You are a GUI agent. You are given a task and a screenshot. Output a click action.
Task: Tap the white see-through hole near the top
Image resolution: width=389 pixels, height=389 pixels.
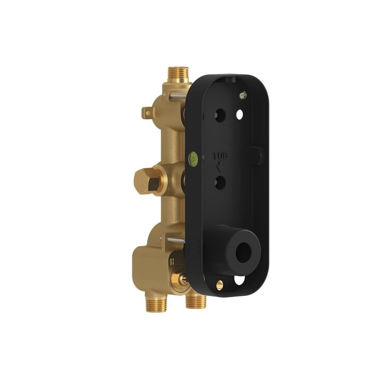[x=240, y=114]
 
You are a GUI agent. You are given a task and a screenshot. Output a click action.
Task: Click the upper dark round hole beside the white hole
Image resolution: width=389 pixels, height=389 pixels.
[x=220, y=115]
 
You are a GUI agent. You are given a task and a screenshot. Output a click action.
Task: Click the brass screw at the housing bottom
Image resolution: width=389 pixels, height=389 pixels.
[x=219, y=285]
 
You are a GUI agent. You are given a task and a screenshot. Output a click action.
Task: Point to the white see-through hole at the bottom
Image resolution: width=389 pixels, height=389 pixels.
[x=239, y=281]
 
